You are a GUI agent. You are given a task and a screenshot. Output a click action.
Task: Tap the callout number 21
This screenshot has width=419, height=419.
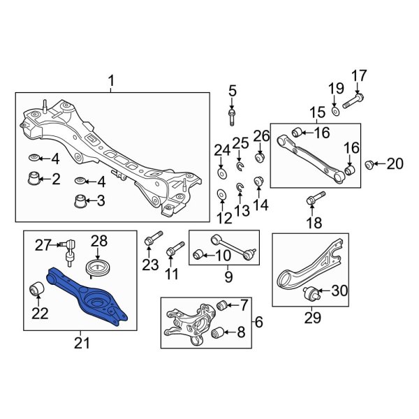coord(82,343)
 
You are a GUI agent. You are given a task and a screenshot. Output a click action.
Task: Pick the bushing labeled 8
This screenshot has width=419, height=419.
coord(218,332)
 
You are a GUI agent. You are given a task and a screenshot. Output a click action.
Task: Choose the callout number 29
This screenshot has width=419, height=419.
coord(313,318)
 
